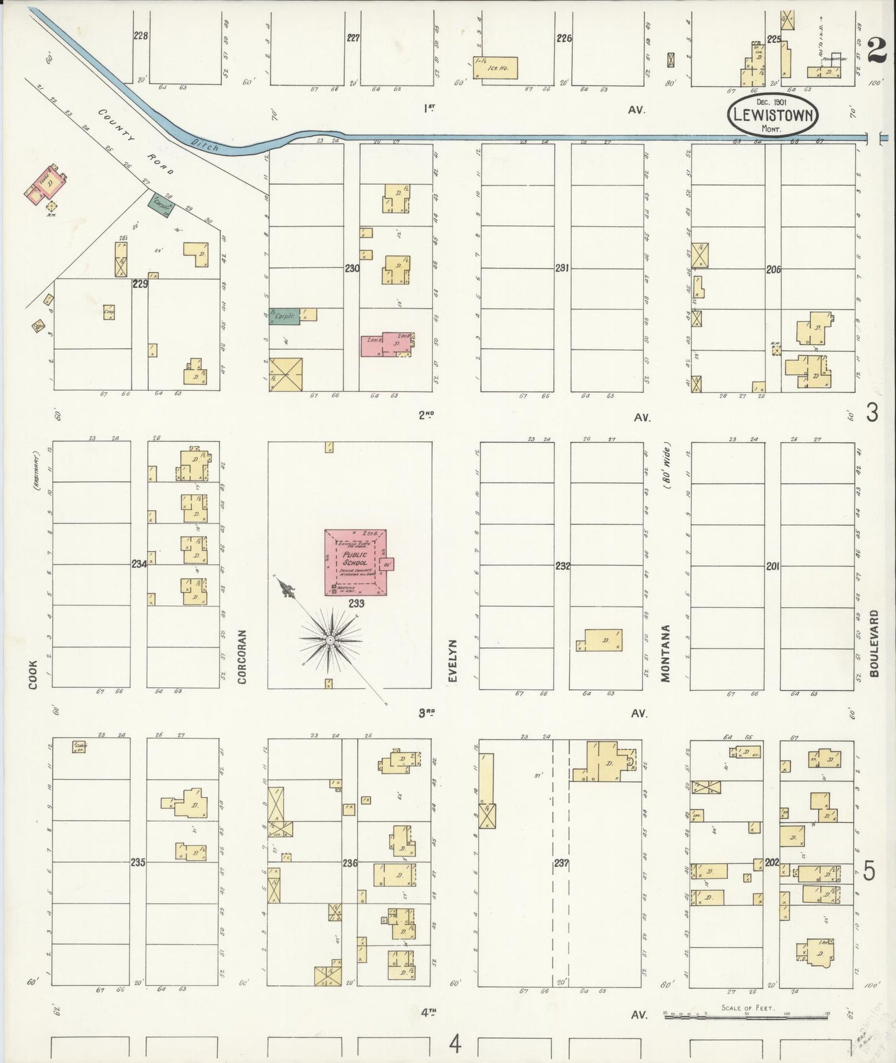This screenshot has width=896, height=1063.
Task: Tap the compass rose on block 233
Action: [330, 639]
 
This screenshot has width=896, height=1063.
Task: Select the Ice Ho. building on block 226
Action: [495, 68]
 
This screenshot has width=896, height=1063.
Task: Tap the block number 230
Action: [352, 269]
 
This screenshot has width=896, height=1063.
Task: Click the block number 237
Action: [562, 863]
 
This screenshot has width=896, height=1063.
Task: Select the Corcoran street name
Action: [242, 657]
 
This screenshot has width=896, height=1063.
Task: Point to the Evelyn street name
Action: [453, 661]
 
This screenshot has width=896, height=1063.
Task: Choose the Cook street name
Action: [32, 675]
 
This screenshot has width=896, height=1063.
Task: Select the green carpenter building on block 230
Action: [285, 316]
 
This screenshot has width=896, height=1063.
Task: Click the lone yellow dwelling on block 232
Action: [602, 639]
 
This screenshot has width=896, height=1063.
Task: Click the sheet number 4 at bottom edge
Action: [456, 1045]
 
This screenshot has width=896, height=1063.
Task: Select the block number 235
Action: [138, 862]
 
